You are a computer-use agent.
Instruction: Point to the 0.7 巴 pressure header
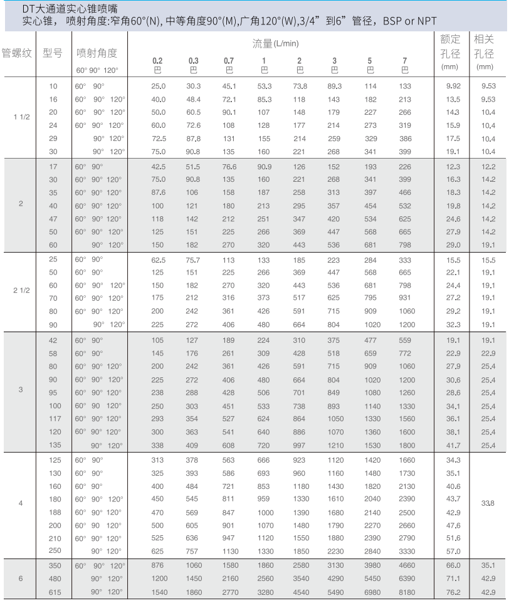pyautogui.click(x=229, y=65)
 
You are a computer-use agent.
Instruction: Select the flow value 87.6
pyautogui.click(x=159, y=192)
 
